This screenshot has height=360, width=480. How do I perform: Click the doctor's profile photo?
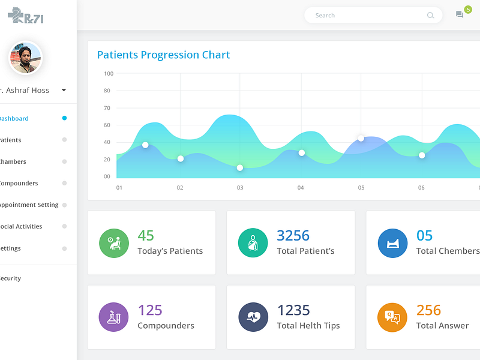tap(25, 58)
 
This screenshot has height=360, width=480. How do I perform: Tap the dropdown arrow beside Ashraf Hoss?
tap(64, 90)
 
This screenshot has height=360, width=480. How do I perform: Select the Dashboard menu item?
tap(14, 118)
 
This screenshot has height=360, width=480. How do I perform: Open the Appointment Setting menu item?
tap(29, 205)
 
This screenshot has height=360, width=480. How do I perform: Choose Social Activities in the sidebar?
tap(22, 226)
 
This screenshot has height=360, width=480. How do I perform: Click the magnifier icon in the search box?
tap(430, 16)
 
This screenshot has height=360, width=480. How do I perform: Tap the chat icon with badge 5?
tap(460, 15)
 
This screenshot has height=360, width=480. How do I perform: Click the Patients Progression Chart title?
tap(163, 55)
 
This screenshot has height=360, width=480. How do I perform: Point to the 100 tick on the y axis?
tap(108, 74)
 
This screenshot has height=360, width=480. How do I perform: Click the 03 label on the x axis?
tap(240, 188)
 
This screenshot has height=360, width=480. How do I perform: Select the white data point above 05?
tap(361, 138)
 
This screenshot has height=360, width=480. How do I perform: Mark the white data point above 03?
tap(240, 167)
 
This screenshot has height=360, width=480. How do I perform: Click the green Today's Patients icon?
tap(114, 243)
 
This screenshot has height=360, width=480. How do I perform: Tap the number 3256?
tap(293, 235)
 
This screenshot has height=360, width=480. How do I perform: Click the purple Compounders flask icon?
tap(114, 317)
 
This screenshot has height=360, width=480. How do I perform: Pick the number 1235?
tap(293, 310)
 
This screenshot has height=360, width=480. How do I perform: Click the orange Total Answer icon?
tap(392, 317)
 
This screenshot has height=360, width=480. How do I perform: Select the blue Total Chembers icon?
tap(392, 243)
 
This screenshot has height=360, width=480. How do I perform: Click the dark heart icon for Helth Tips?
tap(253, 317)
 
